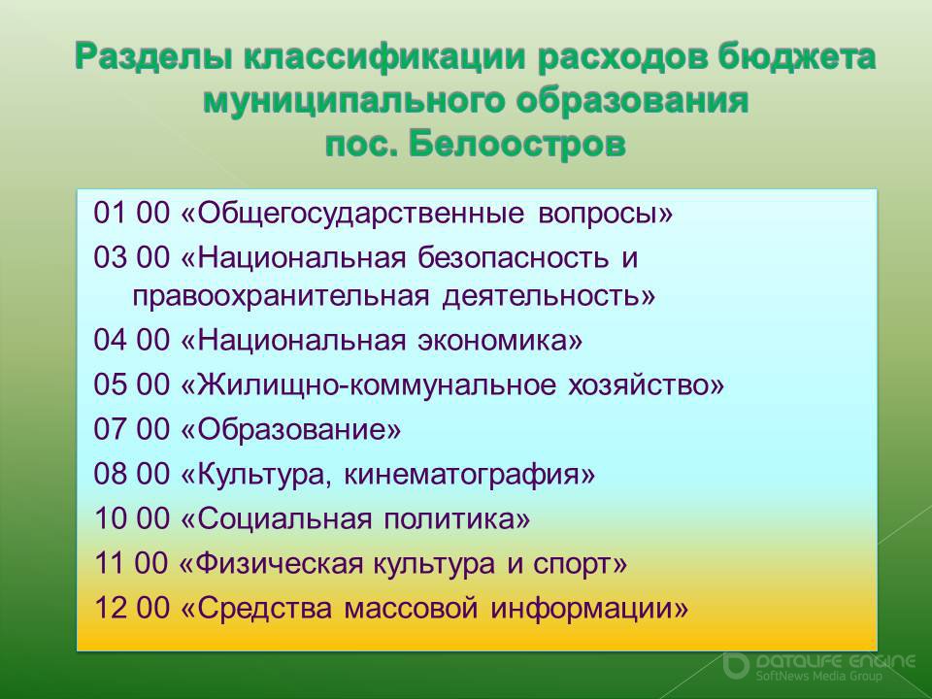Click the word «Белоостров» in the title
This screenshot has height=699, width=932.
point(516,145)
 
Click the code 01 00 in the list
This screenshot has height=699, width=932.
point(132,213)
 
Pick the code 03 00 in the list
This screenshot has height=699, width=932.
point(132,256)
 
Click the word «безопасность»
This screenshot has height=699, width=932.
point(513,257)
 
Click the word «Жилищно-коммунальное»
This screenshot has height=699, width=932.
point(377,385)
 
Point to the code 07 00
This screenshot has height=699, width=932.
point(132,429)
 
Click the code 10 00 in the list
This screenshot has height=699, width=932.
point(132,518)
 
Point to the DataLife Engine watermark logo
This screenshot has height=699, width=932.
point(819,668)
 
